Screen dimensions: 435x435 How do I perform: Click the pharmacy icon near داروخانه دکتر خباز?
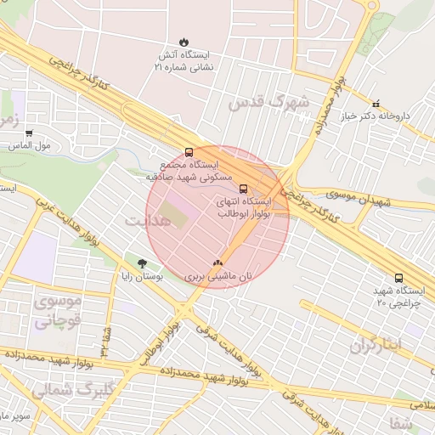point(376,104)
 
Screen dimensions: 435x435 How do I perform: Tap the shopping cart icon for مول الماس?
point(29,133)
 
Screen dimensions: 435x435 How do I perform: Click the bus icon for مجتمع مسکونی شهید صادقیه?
point(188,153)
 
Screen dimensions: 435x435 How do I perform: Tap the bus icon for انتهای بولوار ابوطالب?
point(244,189)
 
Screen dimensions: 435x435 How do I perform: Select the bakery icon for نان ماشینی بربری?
point(218,263)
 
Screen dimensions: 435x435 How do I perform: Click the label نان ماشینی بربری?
point(218,277)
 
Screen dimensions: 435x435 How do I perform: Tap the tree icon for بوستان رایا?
point(142,263)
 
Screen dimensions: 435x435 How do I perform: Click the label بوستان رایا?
point(141,277)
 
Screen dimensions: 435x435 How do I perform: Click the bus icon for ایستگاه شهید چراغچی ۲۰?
point(399,278)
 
